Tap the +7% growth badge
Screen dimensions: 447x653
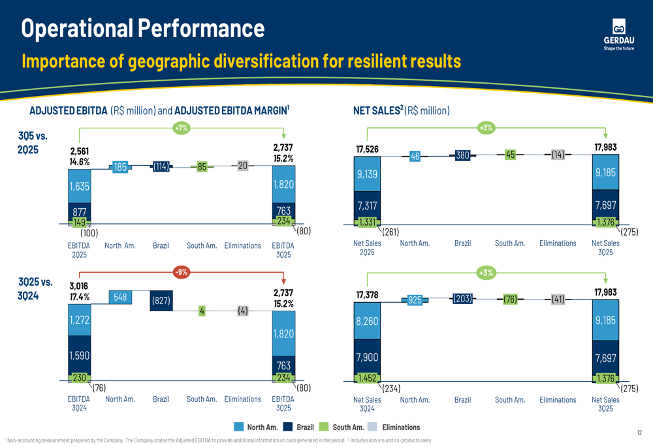pos(181,128)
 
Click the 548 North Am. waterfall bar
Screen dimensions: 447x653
pos(120,298)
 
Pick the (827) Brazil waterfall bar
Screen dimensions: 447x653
pos(161,301)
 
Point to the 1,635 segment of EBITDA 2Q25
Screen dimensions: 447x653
pos(80,186)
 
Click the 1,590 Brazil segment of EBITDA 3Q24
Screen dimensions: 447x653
pos(80,356)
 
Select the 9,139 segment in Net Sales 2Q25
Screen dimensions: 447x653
pos(367,174)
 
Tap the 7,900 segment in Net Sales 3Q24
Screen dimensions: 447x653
pos(367,357)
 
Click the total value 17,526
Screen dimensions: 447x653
pos(368,149)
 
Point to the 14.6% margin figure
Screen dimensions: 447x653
pos(80,162)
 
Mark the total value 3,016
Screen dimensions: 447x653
pos(79,286)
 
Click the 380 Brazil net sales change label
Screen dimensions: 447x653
pos(462,155)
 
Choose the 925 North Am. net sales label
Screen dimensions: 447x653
pos(415,300)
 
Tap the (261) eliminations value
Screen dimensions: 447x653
pos(390,232)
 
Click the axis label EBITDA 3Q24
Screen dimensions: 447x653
pos(79,403)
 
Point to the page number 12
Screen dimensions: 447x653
pos(639,432)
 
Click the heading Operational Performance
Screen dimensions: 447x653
pos(143,28)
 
